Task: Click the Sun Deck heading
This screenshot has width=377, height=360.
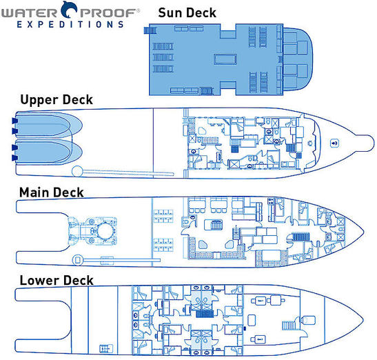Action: [187, 12]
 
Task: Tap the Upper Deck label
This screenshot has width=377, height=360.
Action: [56, 100]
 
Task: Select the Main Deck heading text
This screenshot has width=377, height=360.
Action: [52, 192]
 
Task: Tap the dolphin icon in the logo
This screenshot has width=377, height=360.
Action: [70, 9]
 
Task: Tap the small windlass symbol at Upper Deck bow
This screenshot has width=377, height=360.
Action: [334, 143]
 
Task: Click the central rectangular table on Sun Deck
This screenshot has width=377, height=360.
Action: [225, 60]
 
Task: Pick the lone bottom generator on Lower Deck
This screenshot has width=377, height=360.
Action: [260, 340]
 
